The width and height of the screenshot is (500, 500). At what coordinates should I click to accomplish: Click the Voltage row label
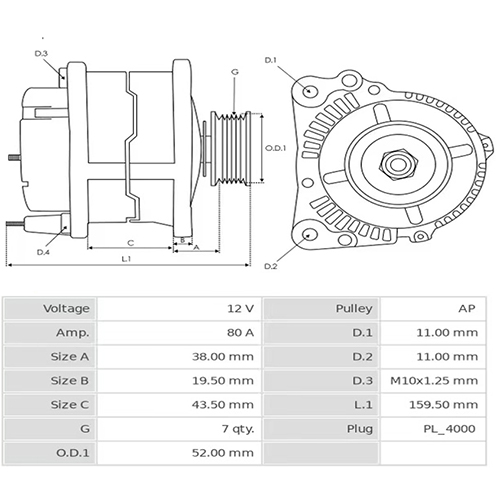coord(67,309)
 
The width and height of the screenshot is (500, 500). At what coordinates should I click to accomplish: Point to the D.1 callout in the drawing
coord(270,61)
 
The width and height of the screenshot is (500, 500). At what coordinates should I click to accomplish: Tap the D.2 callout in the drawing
coord(270,266)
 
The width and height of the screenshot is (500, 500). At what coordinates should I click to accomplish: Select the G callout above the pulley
coord(234,72)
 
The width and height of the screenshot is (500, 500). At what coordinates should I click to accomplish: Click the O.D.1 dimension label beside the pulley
coord(276,149)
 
